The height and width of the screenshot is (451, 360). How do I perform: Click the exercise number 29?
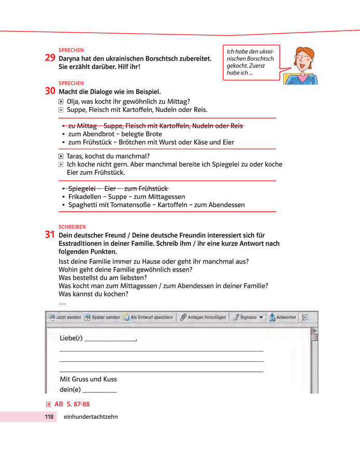click(50, 58)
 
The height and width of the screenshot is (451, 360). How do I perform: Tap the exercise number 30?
click(50, 91)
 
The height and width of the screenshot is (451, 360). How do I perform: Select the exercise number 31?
click(50, 234)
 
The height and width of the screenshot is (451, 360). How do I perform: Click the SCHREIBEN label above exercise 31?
click(72, 227)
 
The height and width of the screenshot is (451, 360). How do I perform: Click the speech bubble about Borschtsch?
click(250, 62)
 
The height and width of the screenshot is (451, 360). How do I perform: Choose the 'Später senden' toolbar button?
click(103, 317)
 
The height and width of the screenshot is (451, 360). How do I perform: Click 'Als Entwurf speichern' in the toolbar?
click(148, 317)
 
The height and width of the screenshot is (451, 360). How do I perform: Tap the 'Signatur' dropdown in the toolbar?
click(248, 317)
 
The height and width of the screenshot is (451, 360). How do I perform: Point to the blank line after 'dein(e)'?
click(99, 390)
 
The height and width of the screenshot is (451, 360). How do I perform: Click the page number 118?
click(49, 417)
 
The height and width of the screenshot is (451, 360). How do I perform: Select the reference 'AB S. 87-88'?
click(68, 404)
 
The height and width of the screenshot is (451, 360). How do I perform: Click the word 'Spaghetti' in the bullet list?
click(83, 205)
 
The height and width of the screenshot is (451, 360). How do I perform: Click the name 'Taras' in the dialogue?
click(76, 156)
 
